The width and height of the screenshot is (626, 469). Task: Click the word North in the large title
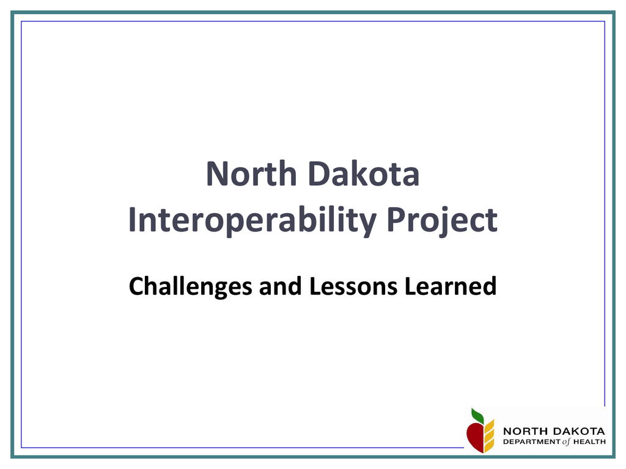click(251, 174)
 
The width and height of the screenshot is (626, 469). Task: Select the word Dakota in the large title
click(364, 174)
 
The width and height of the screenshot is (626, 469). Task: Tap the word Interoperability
click(252, 220)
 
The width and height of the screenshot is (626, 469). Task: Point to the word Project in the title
click(442, 220)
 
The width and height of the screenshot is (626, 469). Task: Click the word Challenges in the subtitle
click(191, 287)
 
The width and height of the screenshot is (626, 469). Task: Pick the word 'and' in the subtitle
click(280, 286)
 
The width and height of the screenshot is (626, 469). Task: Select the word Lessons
click(353, 286)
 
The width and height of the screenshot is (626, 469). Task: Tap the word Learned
click(451, 286)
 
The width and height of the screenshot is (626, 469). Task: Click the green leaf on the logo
click(477, 416)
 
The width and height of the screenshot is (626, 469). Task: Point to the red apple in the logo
click(475, 437)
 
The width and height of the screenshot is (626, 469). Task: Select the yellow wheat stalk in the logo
click(489, 436)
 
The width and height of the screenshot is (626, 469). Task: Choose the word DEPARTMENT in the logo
click(532, 442)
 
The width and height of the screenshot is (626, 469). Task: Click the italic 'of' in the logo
click(567, 442)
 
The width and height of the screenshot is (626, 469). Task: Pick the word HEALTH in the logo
click(590, 442)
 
